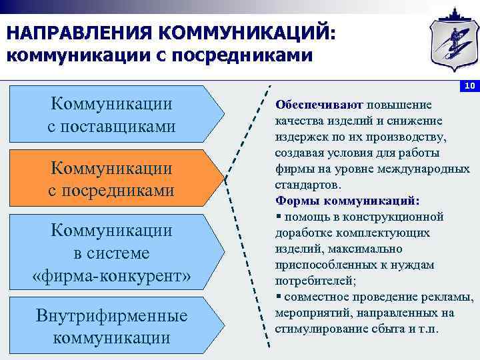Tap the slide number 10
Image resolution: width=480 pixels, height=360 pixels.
[x=469, y=86]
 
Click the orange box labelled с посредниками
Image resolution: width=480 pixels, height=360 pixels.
[x=112, y=178]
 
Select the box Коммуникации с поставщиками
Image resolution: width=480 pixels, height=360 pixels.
[x=112, y=115]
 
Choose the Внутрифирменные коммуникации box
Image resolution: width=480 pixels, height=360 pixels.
[x=112, y=326]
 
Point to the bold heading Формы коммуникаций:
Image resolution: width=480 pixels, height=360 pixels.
[x=347, y=201]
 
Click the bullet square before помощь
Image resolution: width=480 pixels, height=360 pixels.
[x=278, y=217]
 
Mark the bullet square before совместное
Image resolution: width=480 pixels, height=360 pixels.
[x=278, y=297]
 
